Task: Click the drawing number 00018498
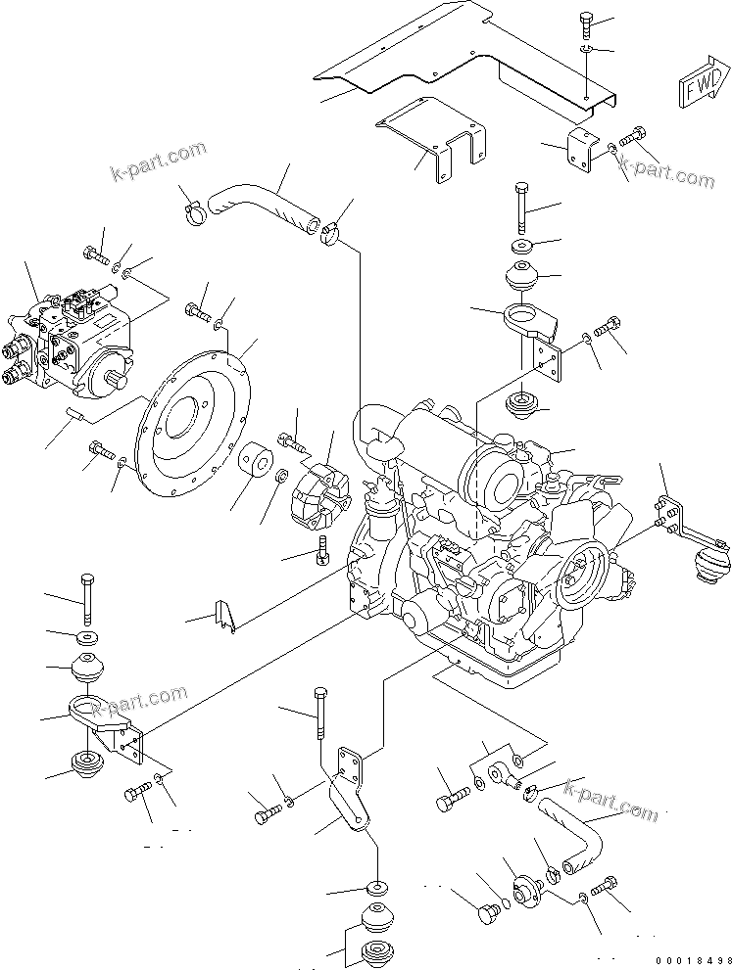693,961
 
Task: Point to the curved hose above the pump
264,208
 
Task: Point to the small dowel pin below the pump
75,414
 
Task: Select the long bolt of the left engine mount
86,599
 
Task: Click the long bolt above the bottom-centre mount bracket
320,713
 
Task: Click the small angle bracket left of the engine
225,616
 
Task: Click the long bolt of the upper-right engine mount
521,207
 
